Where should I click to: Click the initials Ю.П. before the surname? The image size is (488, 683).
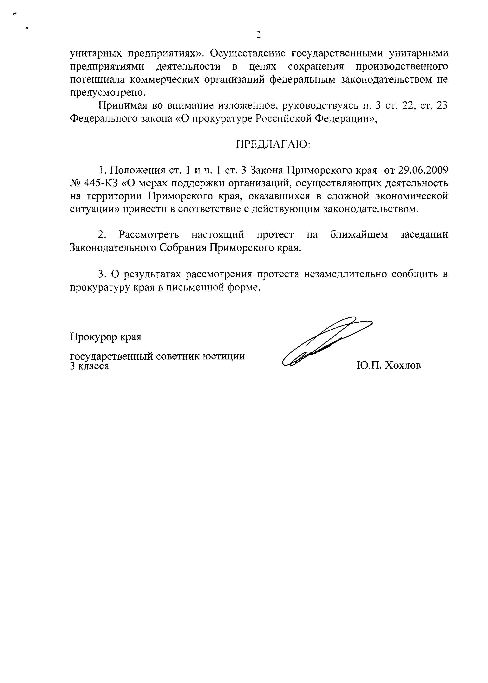[x=369, y=365]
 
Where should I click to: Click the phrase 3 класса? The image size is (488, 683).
[x=89, y=366]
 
